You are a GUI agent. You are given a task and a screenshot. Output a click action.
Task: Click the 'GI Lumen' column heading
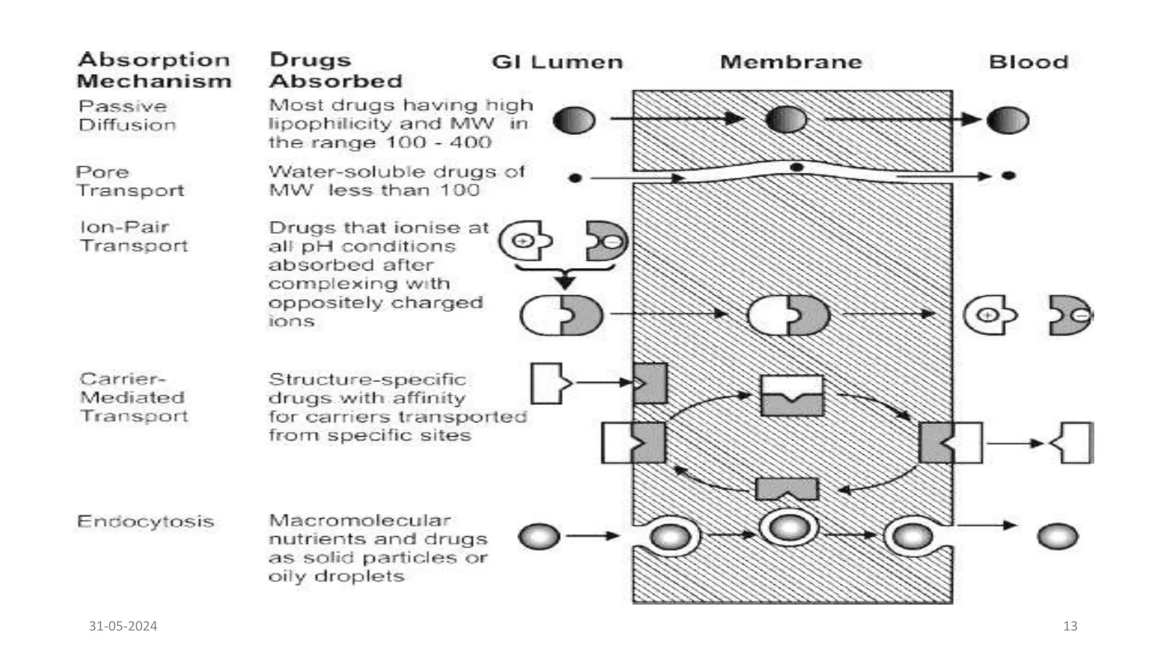(557, 61)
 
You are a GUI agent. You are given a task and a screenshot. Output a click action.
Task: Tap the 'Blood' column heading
(1029, 61)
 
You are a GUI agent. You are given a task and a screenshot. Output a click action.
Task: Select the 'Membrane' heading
(791, 61)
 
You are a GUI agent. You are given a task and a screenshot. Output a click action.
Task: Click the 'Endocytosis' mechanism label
(145, 521)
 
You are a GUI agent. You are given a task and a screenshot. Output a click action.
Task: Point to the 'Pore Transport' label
(130, 181)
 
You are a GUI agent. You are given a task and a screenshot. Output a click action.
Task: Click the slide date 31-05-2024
(123, 626)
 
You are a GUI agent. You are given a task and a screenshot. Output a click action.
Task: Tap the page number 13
(1070, 626)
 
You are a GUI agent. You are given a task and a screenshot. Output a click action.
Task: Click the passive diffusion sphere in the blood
(1007, 121)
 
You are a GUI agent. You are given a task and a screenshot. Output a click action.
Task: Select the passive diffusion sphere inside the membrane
(786, 120)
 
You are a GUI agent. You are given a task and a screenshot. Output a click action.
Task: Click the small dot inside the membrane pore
(797, 167)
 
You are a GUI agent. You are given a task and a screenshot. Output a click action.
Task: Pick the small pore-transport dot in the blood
(1009, 175)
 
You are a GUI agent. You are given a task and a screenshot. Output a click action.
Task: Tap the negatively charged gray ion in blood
(1070, 315)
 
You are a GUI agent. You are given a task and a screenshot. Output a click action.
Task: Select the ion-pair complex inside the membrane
(789, 315)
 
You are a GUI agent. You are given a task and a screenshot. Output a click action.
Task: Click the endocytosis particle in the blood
(1058, 536)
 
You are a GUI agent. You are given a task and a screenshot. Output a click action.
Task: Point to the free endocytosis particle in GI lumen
(539, 536)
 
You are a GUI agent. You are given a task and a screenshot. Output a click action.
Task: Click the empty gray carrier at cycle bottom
(786, 489)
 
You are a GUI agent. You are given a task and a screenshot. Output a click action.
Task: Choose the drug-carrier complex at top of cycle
(792, 395)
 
